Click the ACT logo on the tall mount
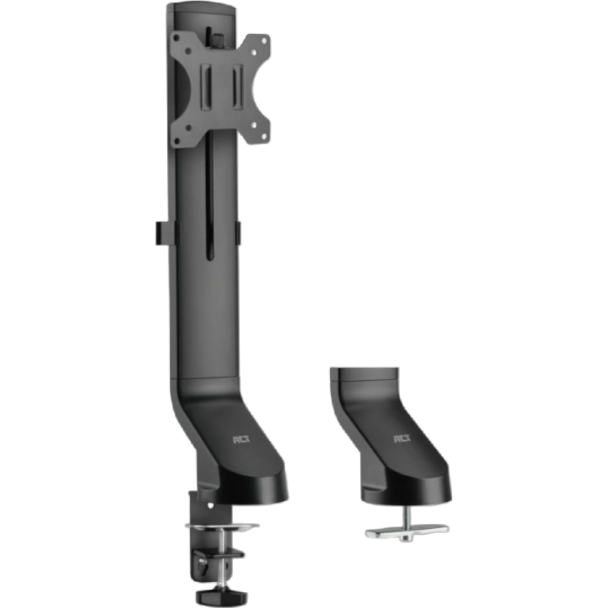click(241, 439)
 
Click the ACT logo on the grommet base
click(402, 439)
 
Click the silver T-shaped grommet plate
click(407, 531)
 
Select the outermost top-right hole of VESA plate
click(264, 40)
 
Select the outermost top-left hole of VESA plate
click(177, 39)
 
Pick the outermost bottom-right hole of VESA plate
click(265, 136)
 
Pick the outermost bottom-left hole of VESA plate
click(177, 141)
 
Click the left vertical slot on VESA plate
click(206, 87)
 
